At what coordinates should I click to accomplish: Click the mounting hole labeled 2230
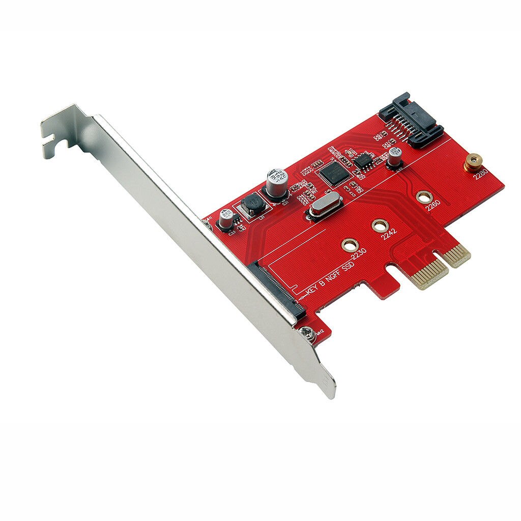click(x=349, y=245)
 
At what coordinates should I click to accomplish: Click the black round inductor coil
click(x=253, y=205)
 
